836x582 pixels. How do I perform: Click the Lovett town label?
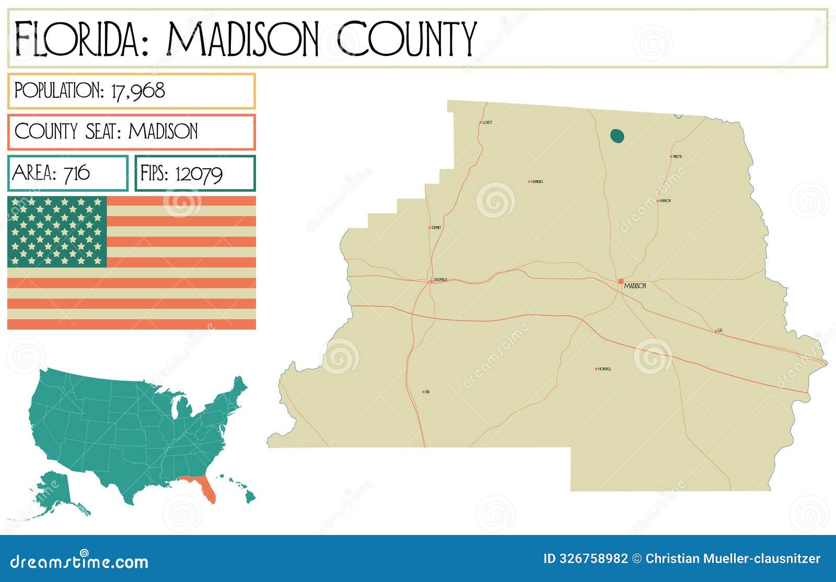(x=487, y=122)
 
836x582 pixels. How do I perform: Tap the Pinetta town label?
(x=677, y=157)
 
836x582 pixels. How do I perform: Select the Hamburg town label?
(x=537, y=182)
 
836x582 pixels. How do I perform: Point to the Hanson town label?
(x=665, y=201)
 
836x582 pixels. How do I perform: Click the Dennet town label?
(x=436, y=228)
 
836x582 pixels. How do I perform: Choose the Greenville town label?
(x=440, y=280)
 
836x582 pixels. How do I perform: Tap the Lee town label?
(x=720, y=330)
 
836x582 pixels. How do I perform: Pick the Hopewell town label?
(x=605, y=369)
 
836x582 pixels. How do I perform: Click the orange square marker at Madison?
(x=621, y=281)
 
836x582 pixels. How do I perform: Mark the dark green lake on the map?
(x=617, y=136)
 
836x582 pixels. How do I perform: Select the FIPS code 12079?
(x=199, y=173)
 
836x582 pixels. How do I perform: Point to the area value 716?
(x=76, y=173)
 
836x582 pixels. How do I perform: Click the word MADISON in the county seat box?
(x=163, y=131)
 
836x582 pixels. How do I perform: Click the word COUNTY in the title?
(x=407, y=39)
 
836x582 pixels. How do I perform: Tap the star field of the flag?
(x=57, y=231)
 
